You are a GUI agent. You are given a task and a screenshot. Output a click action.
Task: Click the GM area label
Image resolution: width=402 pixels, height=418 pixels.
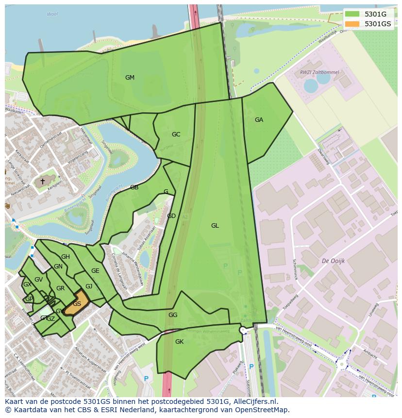click(130, 78)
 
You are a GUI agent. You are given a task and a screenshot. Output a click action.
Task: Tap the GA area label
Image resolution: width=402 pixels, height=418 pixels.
click(259, 120)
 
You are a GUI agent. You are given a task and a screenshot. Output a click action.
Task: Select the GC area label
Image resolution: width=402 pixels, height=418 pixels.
click(176, 134)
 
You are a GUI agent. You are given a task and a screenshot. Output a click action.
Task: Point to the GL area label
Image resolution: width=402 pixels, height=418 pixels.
click(215, 226)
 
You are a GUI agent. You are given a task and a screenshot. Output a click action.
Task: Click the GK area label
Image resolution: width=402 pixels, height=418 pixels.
click(179, 342)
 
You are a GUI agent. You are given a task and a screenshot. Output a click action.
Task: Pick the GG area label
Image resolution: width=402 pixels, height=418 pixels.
click(173, 315)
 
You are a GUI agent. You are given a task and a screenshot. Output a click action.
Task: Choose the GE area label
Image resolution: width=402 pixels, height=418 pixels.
click(95, 271)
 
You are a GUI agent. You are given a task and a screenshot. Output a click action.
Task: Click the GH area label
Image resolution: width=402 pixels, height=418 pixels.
click(66, 257)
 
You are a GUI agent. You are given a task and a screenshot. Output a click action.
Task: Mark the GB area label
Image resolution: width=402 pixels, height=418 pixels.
click(134, 187)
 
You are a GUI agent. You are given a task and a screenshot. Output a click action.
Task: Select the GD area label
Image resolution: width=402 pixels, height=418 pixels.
click(171, 216)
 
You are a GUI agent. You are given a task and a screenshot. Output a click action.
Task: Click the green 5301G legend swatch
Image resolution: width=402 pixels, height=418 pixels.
click(352, 14)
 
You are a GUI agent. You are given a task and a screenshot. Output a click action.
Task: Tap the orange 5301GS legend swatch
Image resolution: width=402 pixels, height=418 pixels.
click(352, 24)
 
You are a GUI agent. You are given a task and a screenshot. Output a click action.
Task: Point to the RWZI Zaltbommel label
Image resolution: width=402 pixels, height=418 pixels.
click(319, 72)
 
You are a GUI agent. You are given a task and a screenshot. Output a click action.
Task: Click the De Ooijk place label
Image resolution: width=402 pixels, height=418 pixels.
click(333, 261)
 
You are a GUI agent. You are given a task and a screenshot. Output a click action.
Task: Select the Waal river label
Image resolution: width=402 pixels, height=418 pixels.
click(52, 15)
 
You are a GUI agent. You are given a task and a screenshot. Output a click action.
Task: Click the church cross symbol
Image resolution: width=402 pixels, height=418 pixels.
click(42, 182)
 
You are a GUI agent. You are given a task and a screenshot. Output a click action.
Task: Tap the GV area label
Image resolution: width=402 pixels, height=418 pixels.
click(39, 280)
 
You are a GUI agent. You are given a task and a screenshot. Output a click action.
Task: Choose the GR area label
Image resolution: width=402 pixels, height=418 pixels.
click(60, 288)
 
